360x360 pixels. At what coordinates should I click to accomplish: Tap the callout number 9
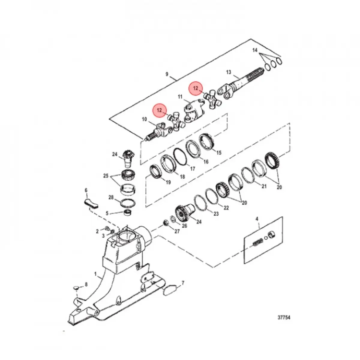[x=167, y=74]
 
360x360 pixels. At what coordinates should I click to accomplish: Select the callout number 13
[x=229, y=72]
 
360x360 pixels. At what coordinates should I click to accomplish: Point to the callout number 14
[x=255, y=50]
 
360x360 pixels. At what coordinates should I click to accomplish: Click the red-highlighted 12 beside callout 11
[x=196, y=88]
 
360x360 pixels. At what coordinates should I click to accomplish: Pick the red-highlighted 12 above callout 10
[x=159, y=110]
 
